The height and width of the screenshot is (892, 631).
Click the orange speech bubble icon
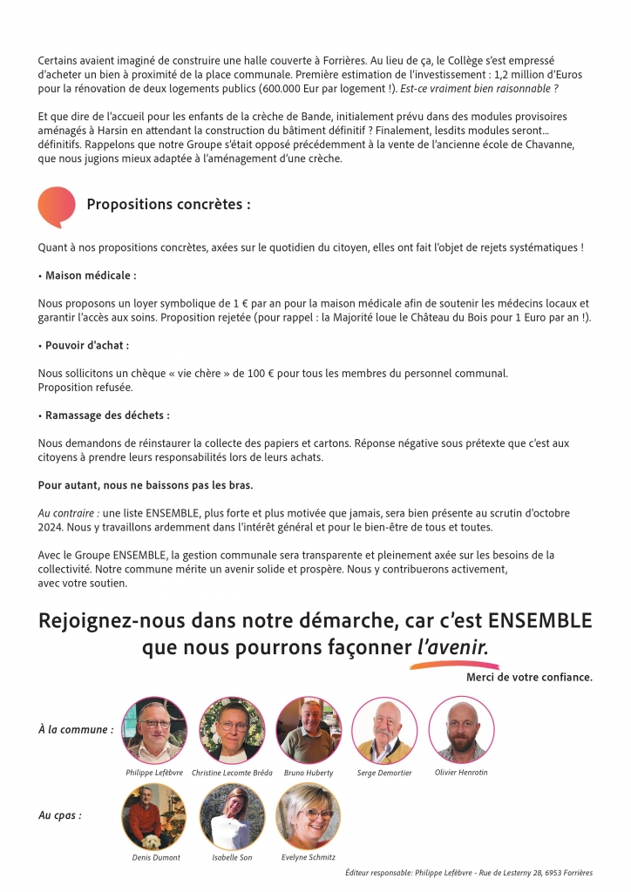(x=57, y=206)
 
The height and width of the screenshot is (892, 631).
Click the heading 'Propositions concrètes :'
(x=168, y=205)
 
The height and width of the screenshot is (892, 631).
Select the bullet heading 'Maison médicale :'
(x=89, y=275)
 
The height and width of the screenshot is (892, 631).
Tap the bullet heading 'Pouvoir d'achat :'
(x=85, y=345)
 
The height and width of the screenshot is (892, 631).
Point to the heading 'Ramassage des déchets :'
(x=105, y=415)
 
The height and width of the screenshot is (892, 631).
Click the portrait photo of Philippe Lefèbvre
(x=154, y=730)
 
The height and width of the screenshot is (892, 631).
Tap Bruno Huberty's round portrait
(x=308, y=730)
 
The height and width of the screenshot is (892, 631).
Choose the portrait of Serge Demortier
(x=384, y=730)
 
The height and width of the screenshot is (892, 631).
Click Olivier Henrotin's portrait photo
(x=461, y=730)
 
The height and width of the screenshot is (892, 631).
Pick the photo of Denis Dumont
(x=154, y=816)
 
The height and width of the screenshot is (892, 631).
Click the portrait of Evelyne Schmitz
(x=308, y=816)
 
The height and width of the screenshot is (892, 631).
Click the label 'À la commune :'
(x=76, y=730)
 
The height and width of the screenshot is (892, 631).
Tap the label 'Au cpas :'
(x=60, y=816)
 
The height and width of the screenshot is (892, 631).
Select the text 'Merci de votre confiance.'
(x=529, y=677)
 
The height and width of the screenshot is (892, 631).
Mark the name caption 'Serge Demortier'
(x=383, y=773)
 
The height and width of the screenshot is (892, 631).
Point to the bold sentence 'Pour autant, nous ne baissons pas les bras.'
(x=146, y=484)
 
